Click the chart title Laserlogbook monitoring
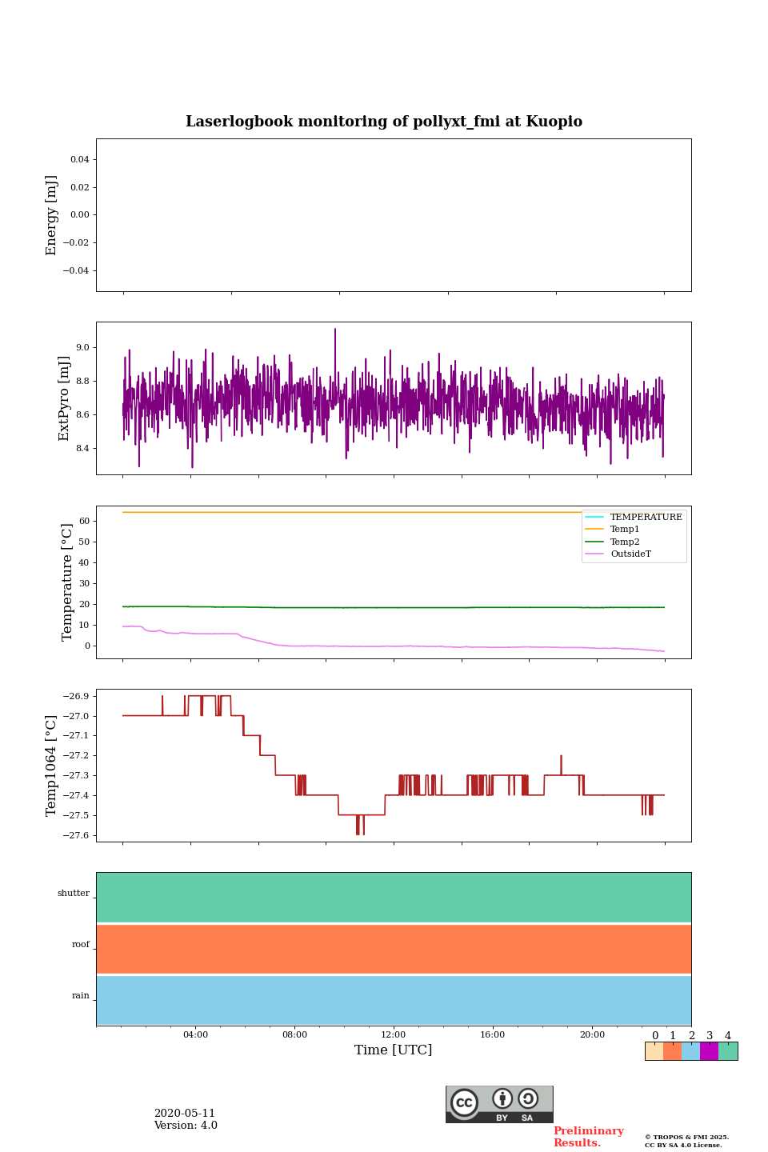tap(384, 122)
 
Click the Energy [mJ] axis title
tap(52, 215)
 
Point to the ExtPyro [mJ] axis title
tap(64, 398)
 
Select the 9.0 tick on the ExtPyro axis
tap(82, 348)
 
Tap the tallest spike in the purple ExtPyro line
tap(335, 330)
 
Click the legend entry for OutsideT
tap(630, 554)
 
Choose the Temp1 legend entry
tap(625, 530)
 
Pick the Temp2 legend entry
tap(625, 542)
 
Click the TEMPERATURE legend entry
tap(646, 518)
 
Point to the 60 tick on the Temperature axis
tap(84, 521)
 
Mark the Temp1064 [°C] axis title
tap(52, 766)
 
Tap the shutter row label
tap(74, 894)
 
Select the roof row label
tap(81, 945)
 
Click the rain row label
tap(81, 996)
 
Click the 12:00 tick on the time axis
tap(394, 1034)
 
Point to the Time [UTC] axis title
tap(394, 1050)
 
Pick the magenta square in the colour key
tap(709, 1051)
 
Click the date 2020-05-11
tap(185, 1114)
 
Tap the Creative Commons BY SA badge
tap(499, 1104)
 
